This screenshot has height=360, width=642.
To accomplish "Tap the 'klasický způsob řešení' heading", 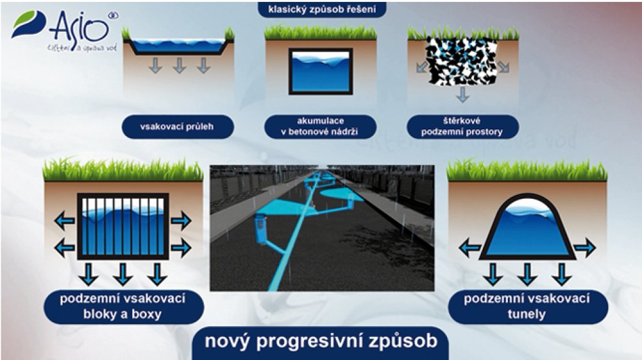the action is [x=322, y=9].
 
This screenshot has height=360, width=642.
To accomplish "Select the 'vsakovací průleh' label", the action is [x=177, y=127].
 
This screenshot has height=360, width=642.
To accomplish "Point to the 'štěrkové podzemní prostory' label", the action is [x=462, y=127].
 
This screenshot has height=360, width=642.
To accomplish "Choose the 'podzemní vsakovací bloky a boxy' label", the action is [x=124, y=307].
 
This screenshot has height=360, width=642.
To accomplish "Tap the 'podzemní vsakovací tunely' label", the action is [x=527, y=307].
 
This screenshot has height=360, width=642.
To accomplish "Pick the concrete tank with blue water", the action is [x=320, y=71].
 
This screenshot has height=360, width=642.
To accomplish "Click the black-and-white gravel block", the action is [x=462, y=62].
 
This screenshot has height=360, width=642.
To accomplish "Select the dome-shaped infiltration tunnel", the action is [x=527, y=228].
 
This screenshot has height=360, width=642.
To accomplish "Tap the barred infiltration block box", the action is [x=123, y=226].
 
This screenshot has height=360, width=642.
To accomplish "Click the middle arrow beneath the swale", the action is [x=179, y=65].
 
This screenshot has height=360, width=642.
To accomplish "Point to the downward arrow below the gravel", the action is [x=463, y=95].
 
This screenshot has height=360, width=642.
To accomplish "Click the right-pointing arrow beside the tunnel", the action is [x=585, y=247].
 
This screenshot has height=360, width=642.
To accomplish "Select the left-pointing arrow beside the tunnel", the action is [x=470, y=247].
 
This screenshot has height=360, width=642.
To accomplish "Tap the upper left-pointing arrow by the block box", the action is [x=65, y=221].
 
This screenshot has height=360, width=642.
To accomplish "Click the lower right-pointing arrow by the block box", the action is [x=181, y=248].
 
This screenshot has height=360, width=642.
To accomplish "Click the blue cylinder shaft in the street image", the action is [x=261, y=230].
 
